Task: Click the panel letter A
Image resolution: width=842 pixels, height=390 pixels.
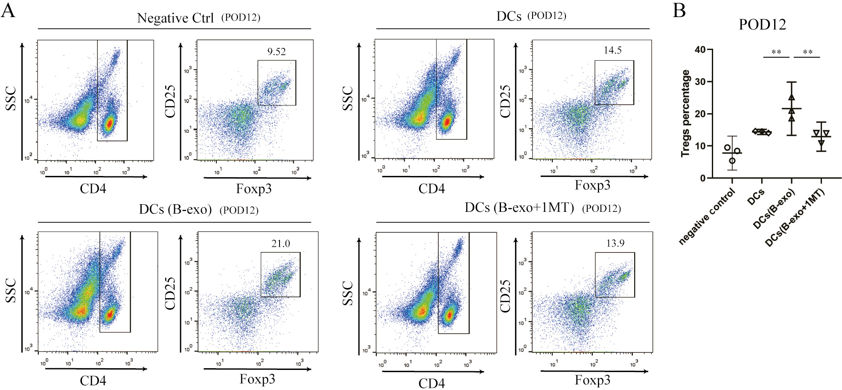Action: [8, 10]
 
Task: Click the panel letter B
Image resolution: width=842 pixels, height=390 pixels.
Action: [679, 10]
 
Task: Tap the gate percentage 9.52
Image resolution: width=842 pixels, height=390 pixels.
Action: [277, 52]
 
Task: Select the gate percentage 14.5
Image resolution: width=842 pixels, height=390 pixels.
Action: [612, 50]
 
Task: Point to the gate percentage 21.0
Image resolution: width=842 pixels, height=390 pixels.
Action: [280, 243]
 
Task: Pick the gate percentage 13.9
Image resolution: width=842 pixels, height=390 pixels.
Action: [615, 243]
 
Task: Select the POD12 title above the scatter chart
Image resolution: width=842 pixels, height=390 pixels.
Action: [762, 24]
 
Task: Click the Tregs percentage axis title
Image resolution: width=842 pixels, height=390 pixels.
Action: [685, 114]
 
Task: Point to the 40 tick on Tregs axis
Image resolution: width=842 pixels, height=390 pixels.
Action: [700, 50]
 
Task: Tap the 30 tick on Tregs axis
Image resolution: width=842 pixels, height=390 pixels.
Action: [700, 82]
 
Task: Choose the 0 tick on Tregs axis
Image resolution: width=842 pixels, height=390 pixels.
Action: [702, 178]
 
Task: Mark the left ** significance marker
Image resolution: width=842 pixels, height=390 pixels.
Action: [776, 52]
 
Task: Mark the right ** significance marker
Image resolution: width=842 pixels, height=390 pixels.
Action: [807, 52]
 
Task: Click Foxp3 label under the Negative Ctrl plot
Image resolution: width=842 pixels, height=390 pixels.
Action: [254, 189]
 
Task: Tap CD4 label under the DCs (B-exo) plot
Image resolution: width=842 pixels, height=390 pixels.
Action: [93, 381]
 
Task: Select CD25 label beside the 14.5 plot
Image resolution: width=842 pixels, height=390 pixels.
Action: [505, 102]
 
